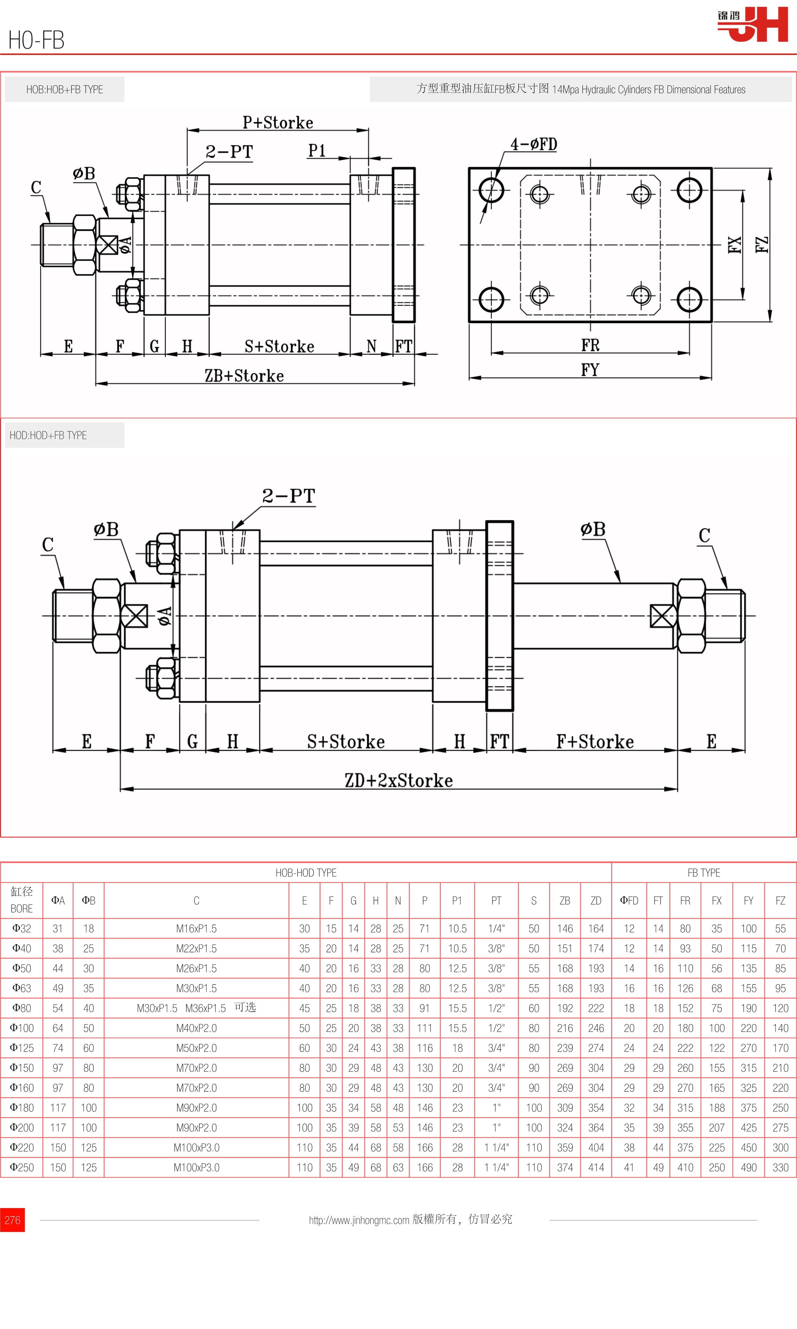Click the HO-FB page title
37,40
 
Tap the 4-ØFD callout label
533,144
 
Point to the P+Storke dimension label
278,123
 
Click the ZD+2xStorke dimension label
399,780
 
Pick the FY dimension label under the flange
590,369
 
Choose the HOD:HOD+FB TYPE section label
48,435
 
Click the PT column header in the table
496,900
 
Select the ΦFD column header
629,900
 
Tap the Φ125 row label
22,1048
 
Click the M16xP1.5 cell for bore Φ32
196,928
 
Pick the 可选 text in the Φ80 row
245,1007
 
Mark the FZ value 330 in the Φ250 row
780,1167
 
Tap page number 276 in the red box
12,1220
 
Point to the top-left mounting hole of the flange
491,190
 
